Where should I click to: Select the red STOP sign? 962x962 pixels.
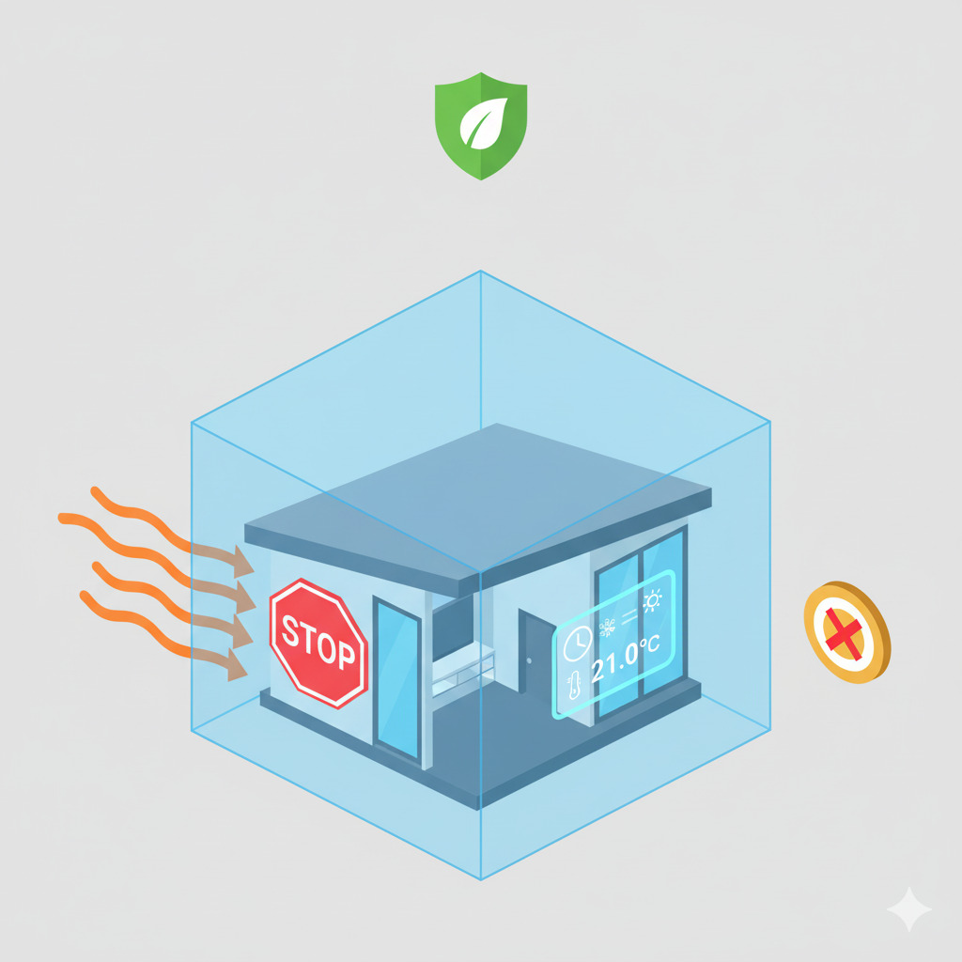pos(318,643)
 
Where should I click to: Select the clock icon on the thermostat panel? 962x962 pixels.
pos(575,644)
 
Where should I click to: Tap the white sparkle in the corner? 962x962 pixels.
pos(908,908)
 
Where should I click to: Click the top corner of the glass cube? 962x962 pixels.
pos(481,272)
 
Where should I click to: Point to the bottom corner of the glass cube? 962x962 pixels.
pos(481,878)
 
